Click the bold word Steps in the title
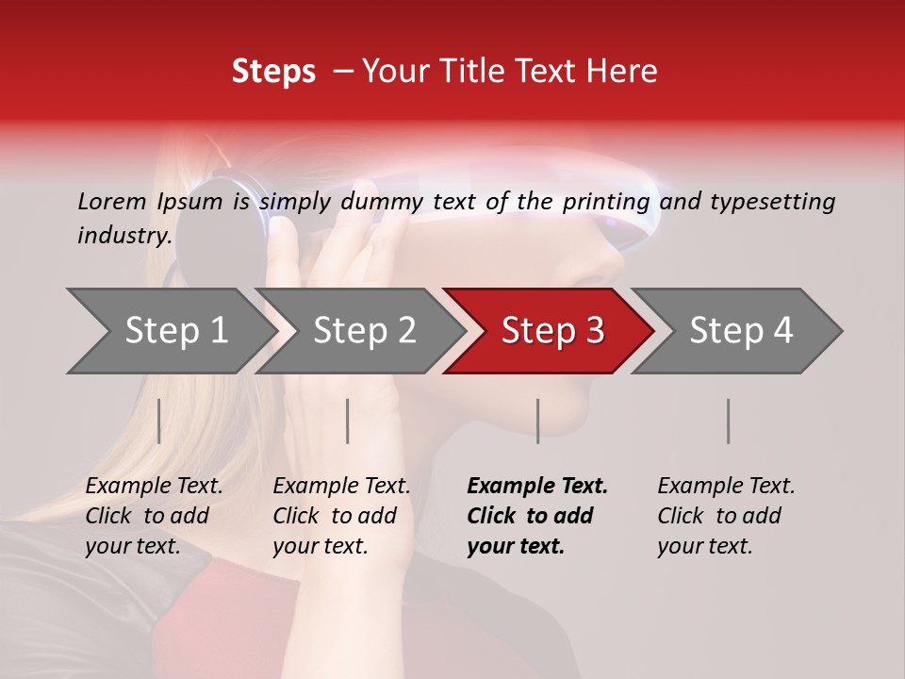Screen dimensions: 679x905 (x=273, y=72)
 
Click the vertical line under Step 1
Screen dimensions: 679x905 (x=159, y=421)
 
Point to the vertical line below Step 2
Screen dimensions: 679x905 (x=348, y=421)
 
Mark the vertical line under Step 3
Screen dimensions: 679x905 (x=537, y=421)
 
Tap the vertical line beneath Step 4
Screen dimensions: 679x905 (x=728, y=421)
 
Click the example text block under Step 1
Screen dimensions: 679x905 (x=154, y=516)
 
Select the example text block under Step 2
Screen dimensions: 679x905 (x=341, y=516)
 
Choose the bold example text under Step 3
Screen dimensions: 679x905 (x=537, y=516)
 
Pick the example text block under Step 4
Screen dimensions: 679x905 (x=726, y=516)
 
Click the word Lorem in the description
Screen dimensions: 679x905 (x=112, y=201)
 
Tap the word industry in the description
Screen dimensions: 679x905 (x=124, y=236)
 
